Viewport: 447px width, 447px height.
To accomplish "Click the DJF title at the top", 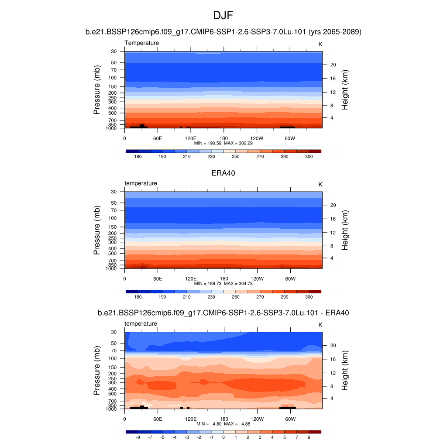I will (x=223, y=16).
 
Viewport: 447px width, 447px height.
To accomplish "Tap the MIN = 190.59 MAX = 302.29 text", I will (x=223, y=143).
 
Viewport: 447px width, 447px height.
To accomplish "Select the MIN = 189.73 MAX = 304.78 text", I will (x=223, y=283).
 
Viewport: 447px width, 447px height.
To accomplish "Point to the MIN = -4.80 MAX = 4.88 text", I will (x=223, y=424).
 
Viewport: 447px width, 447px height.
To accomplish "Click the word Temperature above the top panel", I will (x=142, y=43).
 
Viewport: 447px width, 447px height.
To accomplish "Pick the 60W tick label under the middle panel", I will (x=290, y=279).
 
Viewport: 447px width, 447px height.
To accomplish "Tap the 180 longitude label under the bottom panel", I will (x=223, y=419).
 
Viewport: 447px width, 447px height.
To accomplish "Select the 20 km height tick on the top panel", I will (x=333, y=65).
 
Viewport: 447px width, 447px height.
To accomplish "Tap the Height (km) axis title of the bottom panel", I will (x=345, y=371).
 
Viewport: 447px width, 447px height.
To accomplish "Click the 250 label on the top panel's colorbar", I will (x=236, y=156).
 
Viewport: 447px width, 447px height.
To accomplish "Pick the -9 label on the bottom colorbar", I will (x=138, y=437).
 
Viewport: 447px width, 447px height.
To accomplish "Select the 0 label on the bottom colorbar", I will (x=223, y=437).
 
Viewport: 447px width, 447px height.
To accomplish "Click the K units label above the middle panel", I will (x=320, y=184).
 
